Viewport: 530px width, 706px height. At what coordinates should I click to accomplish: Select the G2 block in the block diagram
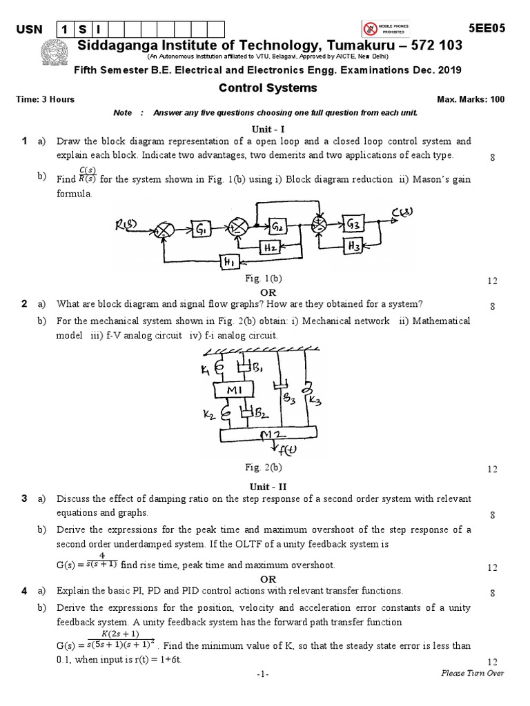click(x=277, y=227)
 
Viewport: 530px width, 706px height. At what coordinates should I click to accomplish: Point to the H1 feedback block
click(x=228, y=261)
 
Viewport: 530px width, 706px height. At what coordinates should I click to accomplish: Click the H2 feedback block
click(x=271, y=247)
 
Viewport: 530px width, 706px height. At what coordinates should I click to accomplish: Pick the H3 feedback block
click(x=355, y=244)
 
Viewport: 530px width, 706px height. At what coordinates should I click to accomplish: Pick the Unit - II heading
click(x=264, y=486)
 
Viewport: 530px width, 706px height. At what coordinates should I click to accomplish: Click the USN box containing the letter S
click(x=81, y=29)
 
